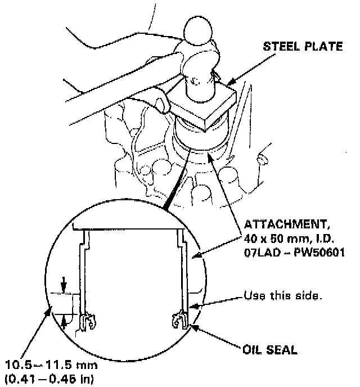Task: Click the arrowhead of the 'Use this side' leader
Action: [195, 305]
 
